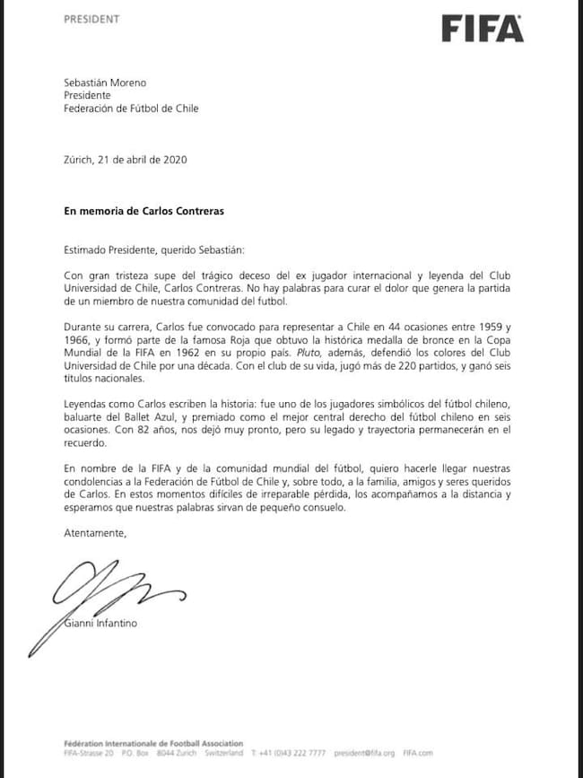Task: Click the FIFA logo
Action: coord(482,29)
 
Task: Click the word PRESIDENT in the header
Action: coord(91,19)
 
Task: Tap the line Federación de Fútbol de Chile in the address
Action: coord(131,109)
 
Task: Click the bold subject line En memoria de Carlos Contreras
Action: coord(144,211)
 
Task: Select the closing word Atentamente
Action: coord(95,532)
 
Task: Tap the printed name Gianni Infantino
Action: coord(100,622)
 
